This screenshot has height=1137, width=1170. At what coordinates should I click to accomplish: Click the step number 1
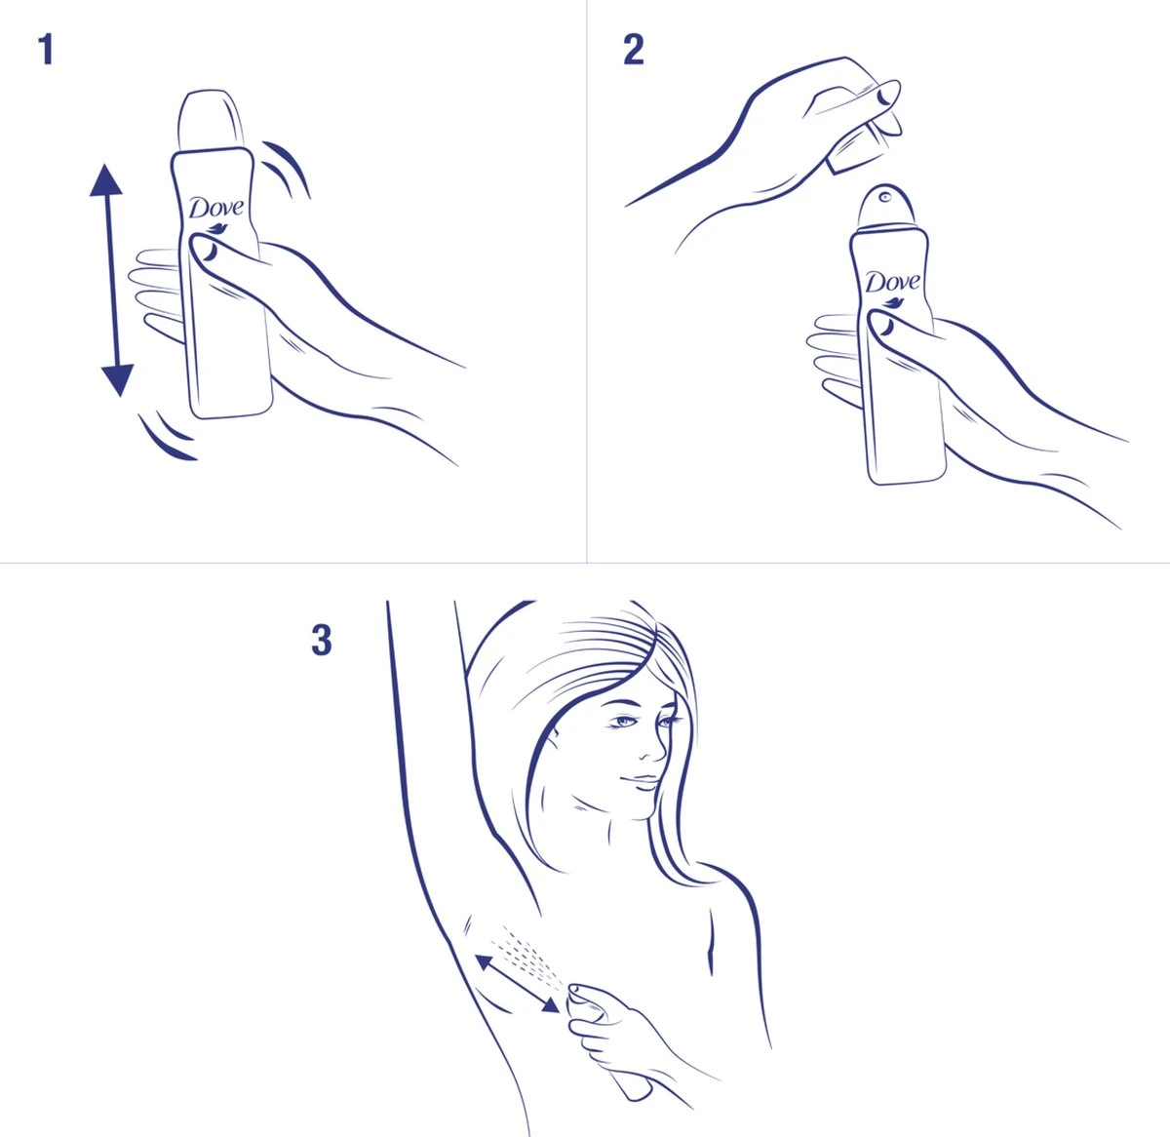(x=45, y=50)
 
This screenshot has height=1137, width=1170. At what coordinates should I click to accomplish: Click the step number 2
(x=633, y=50)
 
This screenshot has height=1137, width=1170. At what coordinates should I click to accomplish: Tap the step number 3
(x=321, y=641)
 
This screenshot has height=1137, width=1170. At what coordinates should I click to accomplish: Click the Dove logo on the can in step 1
(x=217, y=208)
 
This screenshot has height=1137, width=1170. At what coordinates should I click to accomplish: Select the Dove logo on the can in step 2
(x=892, y=283)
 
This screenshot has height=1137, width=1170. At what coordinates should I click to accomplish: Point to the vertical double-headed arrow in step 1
(x=110, y=280)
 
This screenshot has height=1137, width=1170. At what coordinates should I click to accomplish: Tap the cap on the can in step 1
(x=209, y=122)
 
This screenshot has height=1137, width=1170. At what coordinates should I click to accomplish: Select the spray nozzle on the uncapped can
(x=885, y=197)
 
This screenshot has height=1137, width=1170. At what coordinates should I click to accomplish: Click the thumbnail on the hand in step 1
(x=208, y=252)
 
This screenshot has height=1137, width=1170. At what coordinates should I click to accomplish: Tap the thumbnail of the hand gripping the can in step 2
(x=884, y=329)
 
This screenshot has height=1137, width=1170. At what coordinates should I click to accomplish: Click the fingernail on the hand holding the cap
(x=884, y=96)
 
